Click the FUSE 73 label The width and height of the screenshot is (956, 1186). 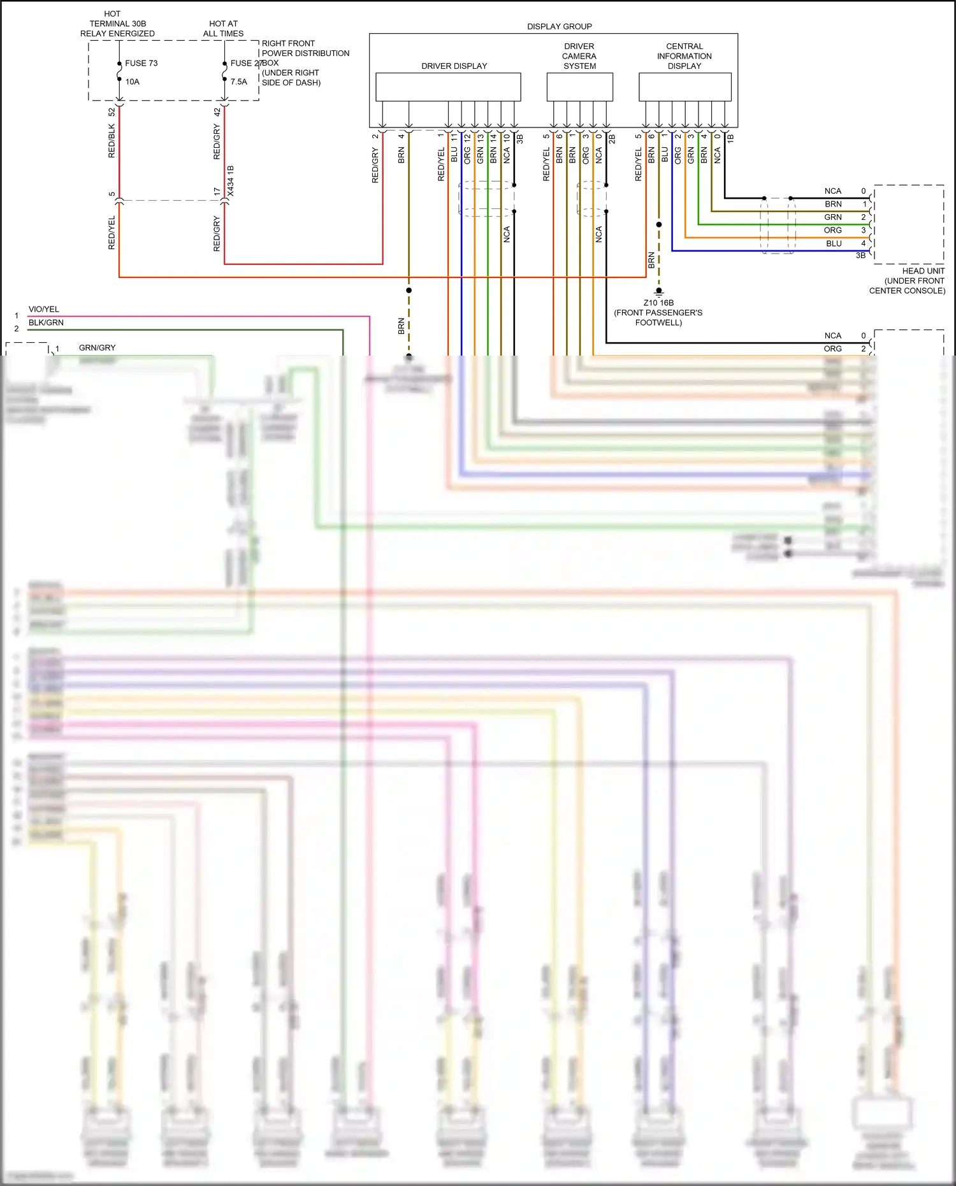(141, 63)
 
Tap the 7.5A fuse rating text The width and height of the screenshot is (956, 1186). (238, 82)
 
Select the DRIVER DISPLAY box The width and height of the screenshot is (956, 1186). (448, 87)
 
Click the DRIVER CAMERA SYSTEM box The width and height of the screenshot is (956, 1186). (579, 87)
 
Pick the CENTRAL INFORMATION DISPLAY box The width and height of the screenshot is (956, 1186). (684, 87)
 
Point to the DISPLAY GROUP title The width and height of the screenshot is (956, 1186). (559, 26)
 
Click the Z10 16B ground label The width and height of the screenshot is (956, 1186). (658, 303)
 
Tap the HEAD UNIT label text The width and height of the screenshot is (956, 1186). (923, 271)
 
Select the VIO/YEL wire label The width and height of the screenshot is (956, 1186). (43, 309)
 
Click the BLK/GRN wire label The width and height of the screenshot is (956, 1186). (46, 322)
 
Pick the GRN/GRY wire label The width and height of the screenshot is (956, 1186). (97, 347)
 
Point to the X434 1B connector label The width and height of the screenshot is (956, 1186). (231, 181)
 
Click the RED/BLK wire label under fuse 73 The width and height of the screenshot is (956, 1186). (112, 141)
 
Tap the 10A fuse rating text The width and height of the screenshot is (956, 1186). (132, 82)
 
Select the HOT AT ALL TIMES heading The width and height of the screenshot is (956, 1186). (223, 29)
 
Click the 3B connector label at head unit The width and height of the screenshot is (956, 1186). (860, 256)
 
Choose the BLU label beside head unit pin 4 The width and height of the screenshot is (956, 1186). (834, 243)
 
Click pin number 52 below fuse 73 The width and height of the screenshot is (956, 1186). (112, 112)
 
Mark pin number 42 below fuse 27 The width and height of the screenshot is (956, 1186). (217, 112)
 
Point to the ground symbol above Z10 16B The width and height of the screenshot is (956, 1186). (659, 292)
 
